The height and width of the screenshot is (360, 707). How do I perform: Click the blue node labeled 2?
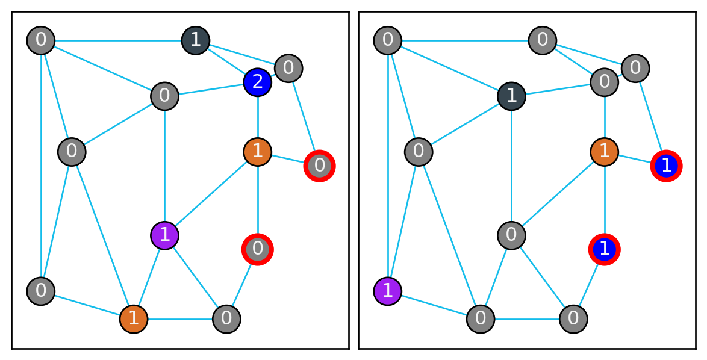point(258,81)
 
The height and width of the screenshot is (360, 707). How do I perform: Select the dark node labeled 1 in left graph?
point(196,40)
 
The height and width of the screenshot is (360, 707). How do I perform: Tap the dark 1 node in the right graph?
point(511,96)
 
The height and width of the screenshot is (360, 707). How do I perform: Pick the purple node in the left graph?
point(164,234)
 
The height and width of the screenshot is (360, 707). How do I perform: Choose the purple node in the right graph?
point(388,291)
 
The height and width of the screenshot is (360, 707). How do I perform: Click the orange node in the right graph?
point(605,151)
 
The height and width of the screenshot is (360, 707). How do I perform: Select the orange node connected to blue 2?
point(258,151)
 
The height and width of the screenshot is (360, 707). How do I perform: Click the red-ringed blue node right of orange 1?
point(667,166)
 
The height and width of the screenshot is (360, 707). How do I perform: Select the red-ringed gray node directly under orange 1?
point(258,249)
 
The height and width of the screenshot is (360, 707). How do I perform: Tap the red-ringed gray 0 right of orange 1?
point(320,166)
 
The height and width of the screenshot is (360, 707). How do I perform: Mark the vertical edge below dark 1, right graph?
point(511,163)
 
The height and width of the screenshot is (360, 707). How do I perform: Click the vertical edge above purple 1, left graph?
point(164,163)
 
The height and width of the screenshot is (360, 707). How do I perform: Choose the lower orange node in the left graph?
point(134,318)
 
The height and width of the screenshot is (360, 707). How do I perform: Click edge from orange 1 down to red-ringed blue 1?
point(605,199)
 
